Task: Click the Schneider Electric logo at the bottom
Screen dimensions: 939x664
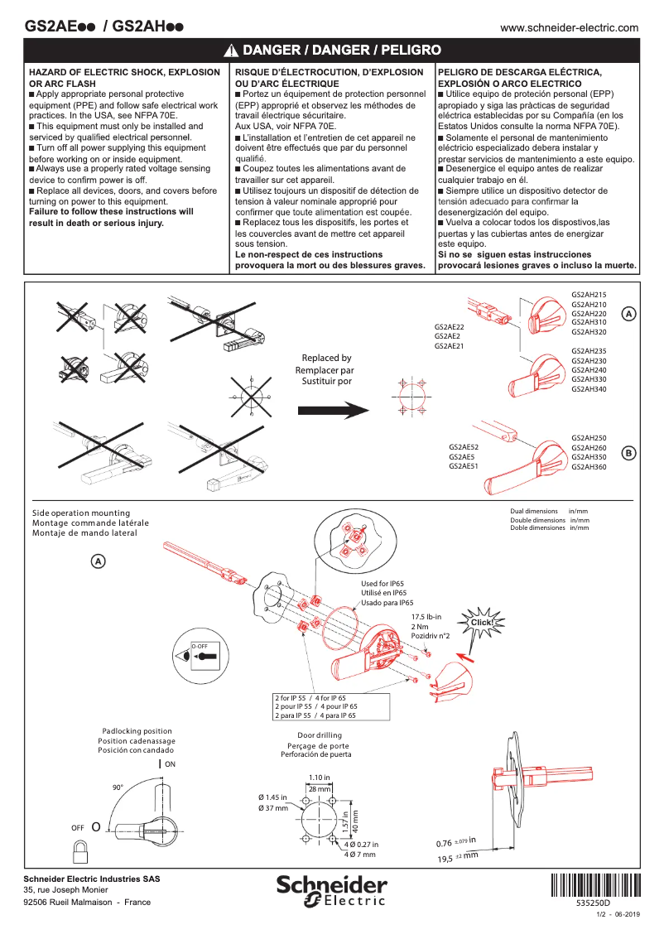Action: coord(332,891)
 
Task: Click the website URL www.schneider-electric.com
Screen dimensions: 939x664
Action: coord(570,27)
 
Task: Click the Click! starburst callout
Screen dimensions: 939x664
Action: coord(482,622)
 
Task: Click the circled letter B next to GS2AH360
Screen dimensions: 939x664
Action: coord(628,453)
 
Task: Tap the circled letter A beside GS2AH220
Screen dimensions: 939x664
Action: coord(629,315)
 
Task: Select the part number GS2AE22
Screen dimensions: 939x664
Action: coord(449,327)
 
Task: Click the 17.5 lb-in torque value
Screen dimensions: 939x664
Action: coord(426,617)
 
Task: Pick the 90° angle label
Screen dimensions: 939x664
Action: coord(118,787)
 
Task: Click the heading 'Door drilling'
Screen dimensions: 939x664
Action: coord(319,735)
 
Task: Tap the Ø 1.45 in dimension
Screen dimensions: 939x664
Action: coord(272,797)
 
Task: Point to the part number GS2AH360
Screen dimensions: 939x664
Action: coord(589,467)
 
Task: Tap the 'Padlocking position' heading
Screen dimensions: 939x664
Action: coord(136,731)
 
